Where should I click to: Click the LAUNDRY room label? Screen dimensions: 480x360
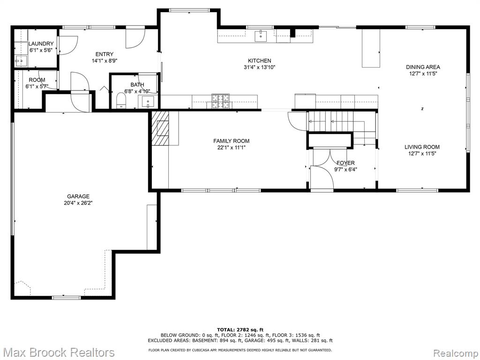point(41,44)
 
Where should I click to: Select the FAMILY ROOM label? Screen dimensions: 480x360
point(232,141)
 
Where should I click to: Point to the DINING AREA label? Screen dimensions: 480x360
point(423,67)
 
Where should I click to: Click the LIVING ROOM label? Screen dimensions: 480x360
point(422,147)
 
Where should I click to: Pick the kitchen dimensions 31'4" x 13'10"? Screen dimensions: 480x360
point(260,67)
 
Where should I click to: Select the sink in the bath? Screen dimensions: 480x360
point(148,102)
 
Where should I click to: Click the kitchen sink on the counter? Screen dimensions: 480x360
point(261,36)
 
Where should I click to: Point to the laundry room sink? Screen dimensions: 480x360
point(21,61)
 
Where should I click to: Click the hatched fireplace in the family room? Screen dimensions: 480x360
point(160,128)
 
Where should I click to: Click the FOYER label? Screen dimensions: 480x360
point(345,163)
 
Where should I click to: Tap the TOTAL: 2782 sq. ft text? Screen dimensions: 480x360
point(240,330)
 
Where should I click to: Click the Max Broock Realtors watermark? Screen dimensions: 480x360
point(60,352)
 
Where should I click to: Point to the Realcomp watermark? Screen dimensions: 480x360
point(455,353)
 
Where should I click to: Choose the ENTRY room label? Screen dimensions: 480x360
point(105,54)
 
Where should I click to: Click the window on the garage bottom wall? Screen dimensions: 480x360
point(67,298)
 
